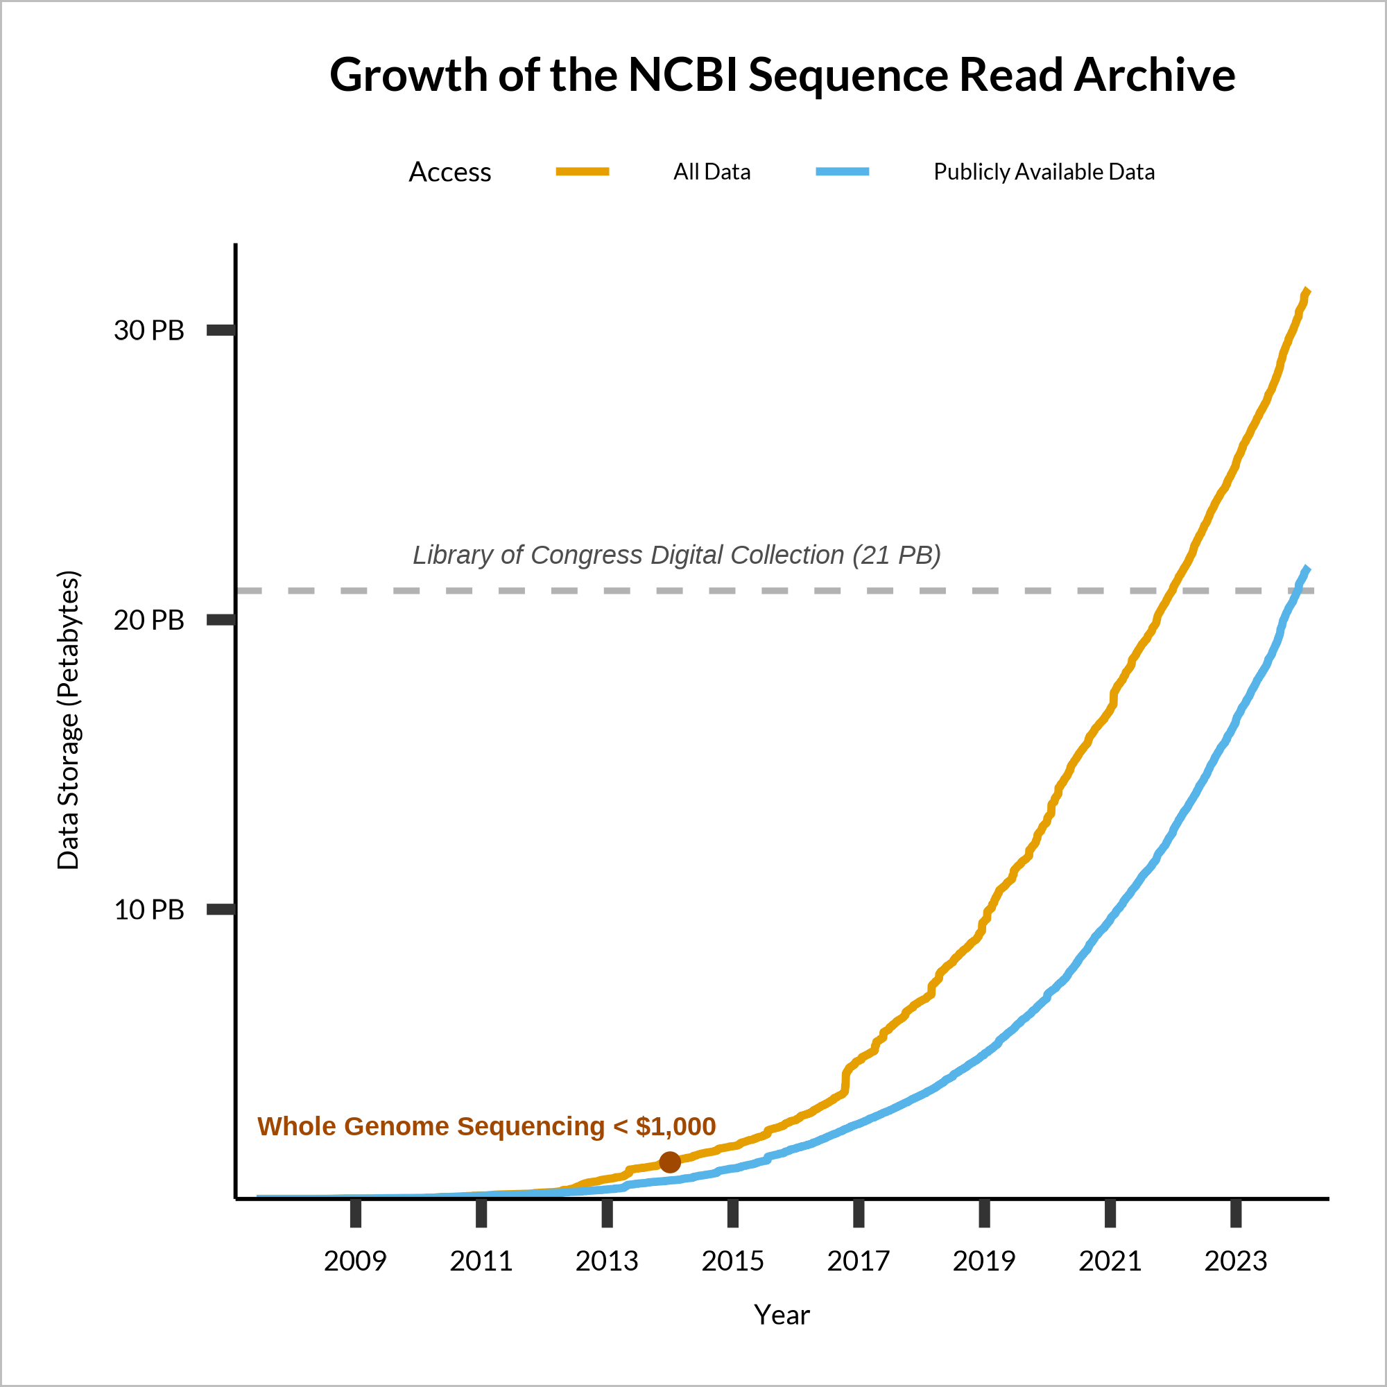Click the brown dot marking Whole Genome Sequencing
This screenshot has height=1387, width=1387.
pyautogui.click(x=670, y=1162)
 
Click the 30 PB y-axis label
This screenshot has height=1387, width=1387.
pyautogui.click(x=149, y=330)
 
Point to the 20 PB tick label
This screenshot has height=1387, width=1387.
pyautogui.click(x=149, y=619)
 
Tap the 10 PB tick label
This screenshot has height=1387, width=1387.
pyautogui.click(x=149, y=910)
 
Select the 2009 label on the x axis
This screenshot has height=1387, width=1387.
pyautogui.click(x=354, y=1261)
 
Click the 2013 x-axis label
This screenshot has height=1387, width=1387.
pyautogui.click(x=607, y=1261)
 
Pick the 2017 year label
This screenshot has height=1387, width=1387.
pyautogui.click(x=858, y=1261)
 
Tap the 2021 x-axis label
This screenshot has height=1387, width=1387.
pyautogui.click(x=1110, y=1261)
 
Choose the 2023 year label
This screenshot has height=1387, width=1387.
pyautogui.click(x=1236, y=1261)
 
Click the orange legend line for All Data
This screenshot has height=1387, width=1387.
pyautogui.click(x=583, y=171)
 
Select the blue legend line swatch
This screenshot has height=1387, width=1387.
pyautogui.click(x=842, y=171)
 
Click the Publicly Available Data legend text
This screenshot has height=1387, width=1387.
pyautogui.click(x=1044, y=171)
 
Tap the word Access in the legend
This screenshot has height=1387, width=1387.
pyautogui.click(x=450, y=172)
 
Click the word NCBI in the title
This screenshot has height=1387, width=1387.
pyautogui.click(x=682, y=75)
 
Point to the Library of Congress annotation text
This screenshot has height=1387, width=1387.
pyautogui.click(x=676, y=555)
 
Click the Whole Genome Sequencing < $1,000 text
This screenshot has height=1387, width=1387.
pyautogui.click(x=486, y=1126)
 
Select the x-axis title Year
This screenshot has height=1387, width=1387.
pyautogui.click(x=782, y=1314)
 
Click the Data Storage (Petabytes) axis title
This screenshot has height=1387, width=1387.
pyautogui.click(x=68, y=720)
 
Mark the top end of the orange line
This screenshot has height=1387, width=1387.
pyautogui.click(x=1307, y=290)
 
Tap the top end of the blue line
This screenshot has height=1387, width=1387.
pyautogui.click(x=1307, y=568)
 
